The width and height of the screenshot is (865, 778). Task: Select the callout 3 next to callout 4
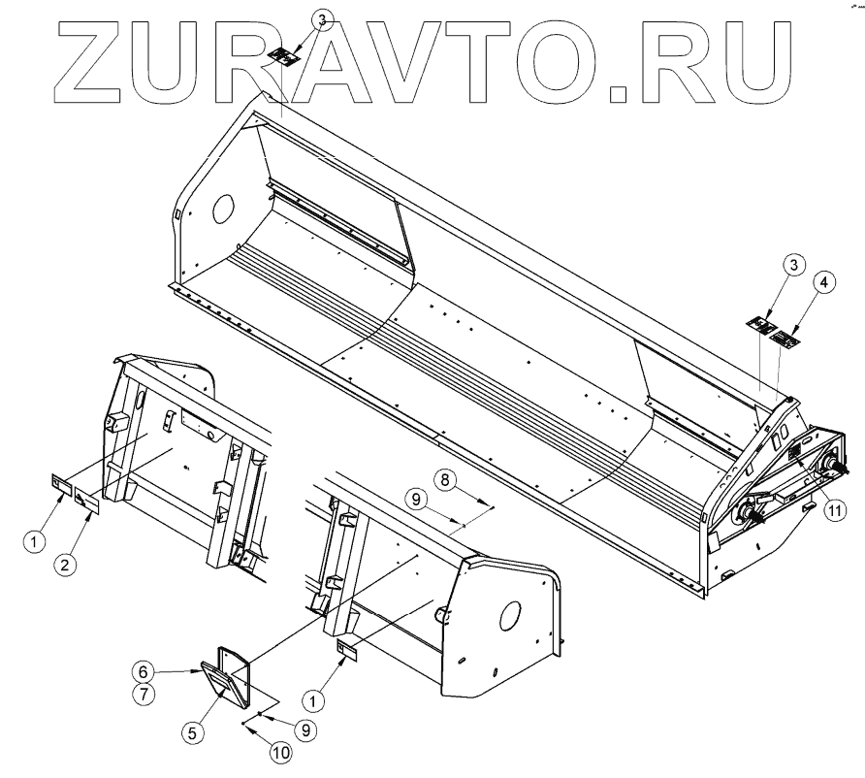coord(793,266)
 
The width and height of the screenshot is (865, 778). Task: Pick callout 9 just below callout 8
coord(415,501)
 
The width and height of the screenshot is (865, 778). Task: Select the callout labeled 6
coord(142,670)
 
